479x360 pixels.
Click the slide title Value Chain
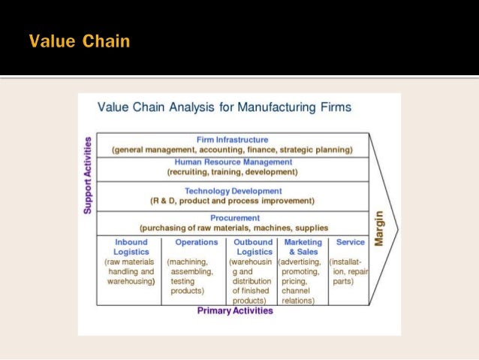pos(80,41)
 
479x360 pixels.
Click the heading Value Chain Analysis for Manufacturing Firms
pos(224,107)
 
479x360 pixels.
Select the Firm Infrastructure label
pos(232,140)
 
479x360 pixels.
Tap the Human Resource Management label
pos(233,162)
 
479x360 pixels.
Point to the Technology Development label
pos(233,191)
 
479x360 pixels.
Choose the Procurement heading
pos(232,217)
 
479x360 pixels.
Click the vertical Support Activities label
pos(88,175)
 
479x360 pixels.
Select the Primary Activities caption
pos(235,310)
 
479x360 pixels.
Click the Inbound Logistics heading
pos(131,247)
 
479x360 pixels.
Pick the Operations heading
pos(196,242)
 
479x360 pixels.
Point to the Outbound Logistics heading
pos(253,247)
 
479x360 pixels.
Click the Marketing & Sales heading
pos(303,247)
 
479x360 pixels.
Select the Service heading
pos(350,242)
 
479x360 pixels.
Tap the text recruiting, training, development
pos(233,172)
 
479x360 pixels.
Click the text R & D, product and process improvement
pos(233,201)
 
